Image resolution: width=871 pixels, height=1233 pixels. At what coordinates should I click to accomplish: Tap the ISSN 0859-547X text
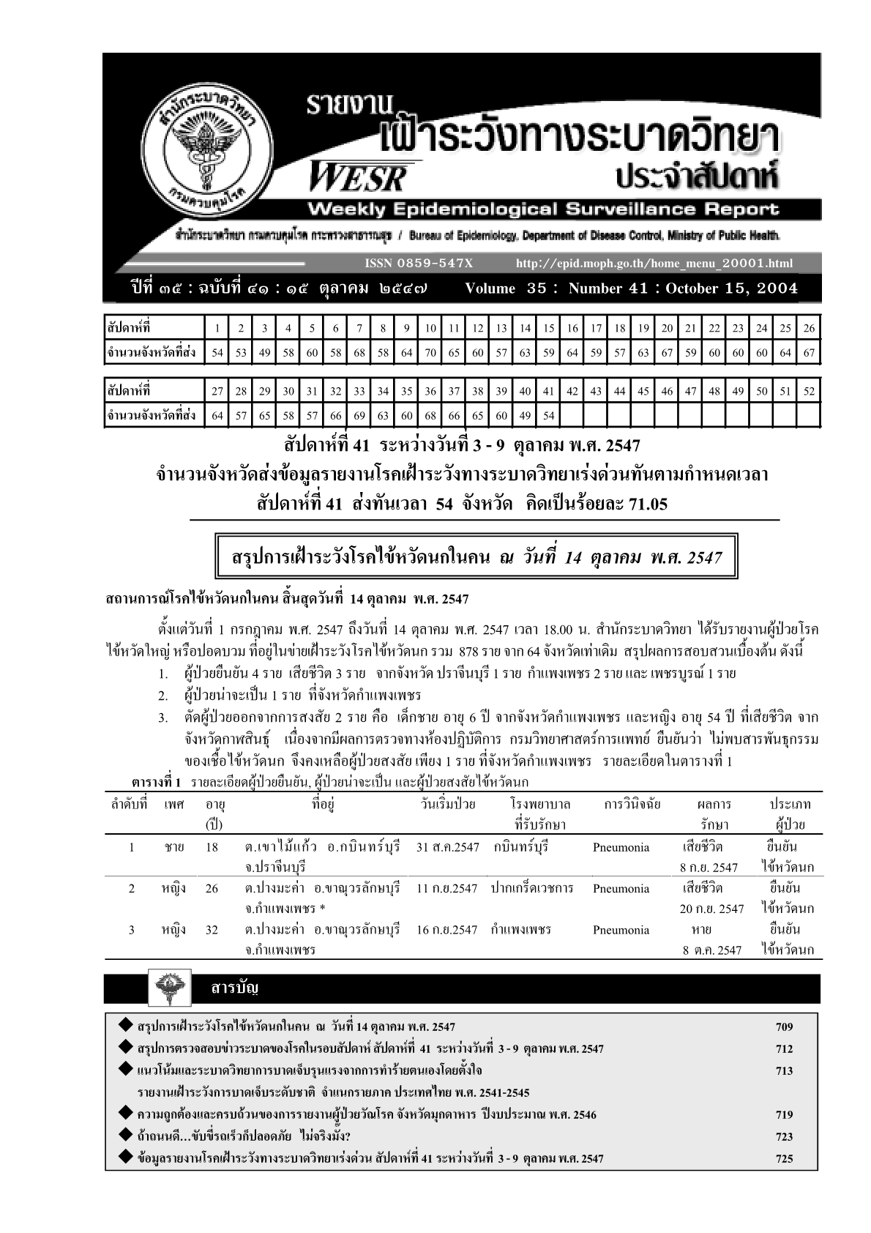(419, 263)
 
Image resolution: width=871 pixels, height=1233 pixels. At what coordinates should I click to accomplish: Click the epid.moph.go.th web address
(654, 263)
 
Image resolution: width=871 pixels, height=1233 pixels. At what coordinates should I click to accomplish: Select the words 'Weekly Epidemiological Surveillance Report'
(543, 210)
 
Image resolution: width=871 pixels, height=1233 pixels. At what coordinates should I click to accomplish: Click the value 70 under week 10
(430, 352)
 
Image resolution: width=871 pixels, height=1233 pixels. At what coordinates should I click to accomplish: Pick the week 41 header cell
(548, 391)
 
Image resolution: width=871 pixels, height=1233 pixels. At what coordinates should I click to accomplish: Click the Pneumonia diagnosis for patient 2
(621, 889)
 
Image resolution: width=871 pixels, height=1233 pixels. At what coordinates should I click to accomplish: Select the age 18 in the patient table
(212, 847)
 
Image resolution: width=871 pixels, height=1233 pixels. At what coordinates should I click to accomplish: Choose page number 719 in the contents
(784, 1115)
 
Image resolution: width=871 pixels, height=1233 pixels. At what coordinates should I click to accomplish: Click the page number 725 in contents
(784, 1159)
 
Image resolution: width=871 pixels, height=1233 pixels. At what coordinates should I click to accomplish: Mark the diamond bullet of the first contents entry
(126, 1025)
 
